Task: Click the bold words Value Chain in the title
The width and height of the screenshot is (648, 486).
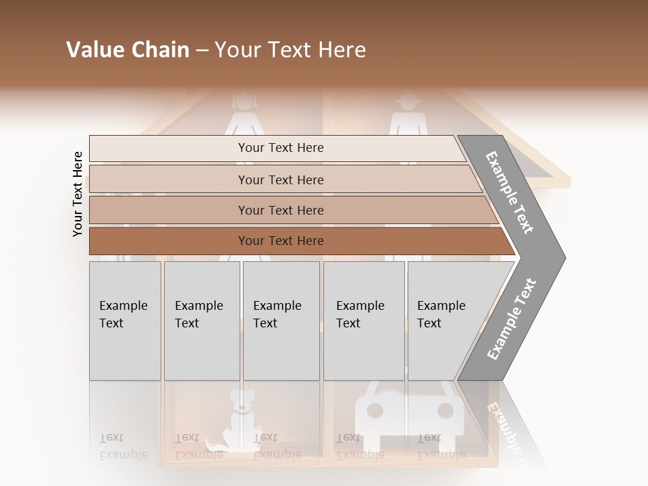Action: click(128, 50)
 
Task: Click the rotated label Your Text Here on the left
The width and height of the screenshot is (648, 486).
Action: click(78, 194)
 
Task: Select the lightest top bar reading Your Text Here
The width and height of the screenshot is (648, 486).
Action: click(280, 148)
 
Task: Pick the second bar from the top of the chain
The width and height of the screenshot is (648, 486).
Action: click(280, 180)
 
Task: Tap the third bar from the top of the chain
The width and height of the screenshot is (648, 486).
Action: click(280, 210)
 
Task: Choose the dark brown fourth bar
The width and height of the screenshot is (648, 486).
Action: click(280, 241)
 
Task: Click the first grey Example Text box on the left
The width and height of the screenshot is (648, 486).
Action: click(125, 321)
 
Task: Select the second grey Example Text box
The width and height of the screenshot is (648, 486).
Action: click(202, 321)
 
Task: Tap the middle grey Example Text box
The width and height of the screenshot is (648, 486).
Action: click(281, 321)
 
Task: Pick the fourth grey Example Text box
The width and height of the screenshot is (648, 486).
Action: click(364, 321)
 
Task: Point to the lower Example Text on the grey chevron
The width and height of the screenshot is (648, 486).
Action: click(511, 319)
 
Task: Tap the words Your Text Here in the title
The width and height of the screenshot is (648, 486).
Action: click(290, 50)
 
